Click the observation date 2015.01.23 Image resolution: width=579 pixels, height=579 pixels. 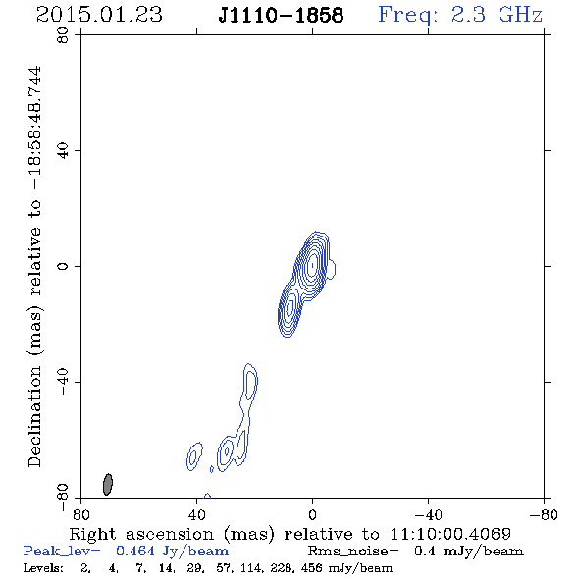99,15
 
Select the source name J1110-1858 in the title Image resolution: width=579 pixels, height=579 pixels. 281,15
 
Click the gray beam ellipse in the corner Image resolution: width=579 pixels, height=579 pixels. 107,484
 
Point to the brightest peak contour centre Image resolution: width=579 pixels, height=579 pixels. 313,264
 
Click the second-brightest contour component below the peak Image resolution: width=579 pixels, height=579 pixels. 289,307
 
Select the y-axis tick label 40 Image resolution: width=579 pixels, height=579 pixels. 63,151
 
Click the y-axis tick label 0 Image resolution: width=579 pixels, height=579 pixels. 63,266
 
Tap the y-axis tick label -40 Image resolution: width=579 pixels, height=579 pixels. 63,382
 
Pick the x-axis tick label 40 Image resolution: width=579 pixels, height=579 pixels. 196,515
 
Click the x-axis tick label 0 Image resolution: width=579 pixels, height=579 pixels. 312,515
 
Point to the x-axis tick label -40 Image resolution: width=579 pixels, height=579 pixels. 428,515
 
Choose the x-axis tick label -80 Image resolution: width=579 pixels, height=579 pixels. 544,515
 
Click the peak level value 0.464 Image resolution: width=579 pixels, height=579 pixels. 135,551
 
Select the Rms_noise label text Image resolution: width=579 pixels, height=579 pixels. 353,552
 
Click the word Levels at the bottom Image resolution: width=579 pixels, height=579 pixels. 43,567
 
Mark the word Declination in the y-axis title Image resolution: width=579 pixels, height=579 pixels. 34,417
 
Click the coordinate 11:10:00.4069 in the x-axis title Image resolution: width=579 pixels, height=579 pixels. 450,534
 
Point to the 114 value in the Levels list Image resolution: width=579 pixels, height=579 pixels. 256,567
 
